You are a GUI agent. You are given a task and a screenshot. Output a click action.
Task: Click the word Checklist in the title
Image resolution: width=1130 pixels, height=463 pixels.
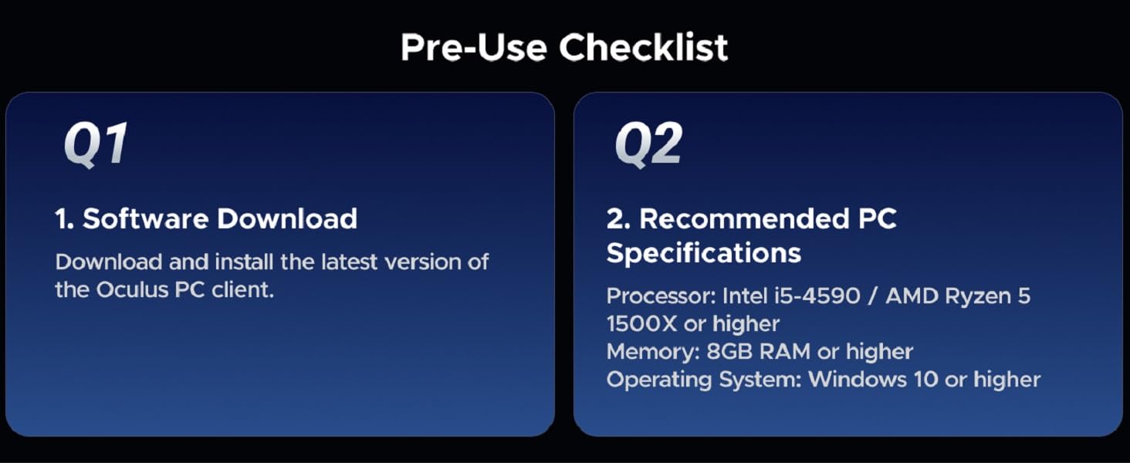644,48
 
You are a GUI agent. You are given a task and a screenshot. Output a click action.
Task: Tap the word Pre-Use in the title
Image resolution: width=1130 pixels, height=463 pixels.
475,48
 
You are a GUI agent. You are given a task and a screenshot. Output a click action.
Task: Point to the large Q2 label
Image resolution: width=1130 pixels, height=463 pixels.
648,144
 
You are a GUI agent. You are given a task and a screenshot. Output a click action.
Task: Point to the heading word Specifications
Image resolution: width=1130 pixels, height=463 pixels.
704,253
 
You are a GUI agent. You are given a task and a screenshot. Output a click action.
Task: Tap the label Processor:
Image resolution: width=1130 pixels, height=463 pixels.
661,296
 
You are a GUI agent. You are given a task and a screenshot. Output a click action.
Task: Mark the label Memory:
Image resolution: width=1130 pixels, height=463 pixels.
653,352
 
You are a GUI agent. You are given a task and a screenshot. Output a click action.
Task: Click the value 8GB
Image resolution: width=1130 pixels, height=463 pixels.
729,352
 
